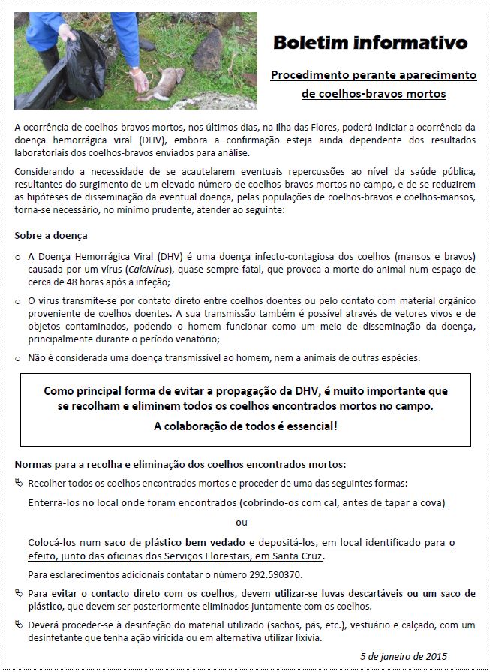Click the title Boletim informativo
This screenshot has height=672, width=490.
coord(370,42)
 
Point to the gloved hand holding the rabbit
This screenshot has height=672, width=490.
coord(138,77)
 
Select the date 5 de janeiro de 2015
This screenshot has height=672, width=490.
coord(414,655)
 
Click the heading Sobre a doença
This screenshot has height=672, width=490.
coord(51,235)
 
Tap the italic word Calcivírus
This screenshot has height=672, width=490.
coord(149,268)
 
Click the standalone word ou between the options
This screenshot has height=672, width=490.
coord(242,522)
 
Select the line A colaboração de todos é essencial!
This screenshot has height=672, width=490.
coord(245,426)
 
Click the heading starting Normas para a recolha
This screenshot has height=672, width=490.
coord(180,464)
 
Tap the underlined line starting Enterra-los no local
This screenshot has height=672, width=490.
coord(236,502)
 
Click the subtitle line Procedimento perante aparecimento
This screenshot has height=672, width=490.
coord(374,75)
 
